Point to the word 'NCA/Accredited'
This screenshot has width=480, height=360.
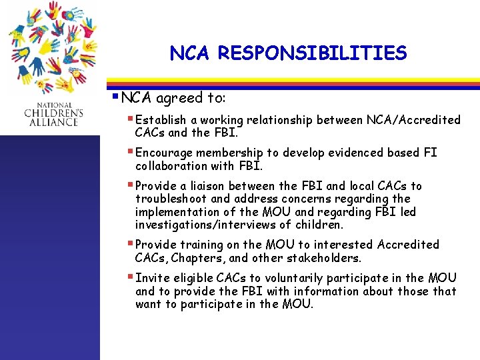413,120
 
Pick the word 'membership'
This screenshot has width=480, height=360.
233,153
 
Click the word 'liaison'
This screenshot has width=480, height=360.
220,186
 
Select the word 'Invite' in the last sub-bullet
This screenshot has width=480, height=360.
151,278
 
